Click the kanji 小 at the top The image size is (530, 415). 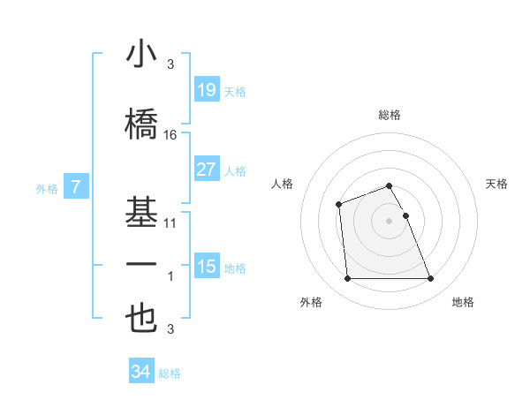tap(141, 55)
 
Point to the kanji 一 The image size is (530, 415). tap(141, 265)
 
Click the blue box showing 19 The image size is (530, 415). tap(206, 90)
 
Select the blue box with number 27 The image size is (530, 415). tap(206, 170)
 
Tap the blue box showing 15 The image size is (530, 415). tap(206, 267)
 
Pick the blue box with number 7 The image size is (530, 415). tap(76, 187)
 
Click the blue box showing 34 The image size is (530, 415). tap(140, 372)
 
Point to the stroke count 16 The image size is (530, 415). tap(170, 135)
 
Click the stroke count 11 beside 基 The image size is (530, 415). tap(170, 223)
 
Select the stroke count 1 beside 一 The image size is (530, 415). tap(170, 276)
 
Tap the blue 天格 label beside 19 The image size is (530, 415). tap(235, 91)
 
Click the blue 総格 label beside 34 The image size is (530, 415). tap(170, 373)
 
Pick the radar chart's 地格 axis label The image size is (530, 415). tap(463, 302)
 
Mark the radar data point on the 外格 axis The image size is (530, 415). tap(347, 279)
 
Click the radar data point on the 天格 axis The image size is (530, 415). tap(405, 215)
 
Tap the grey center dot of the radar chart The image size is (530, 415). tap(389, 221)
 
